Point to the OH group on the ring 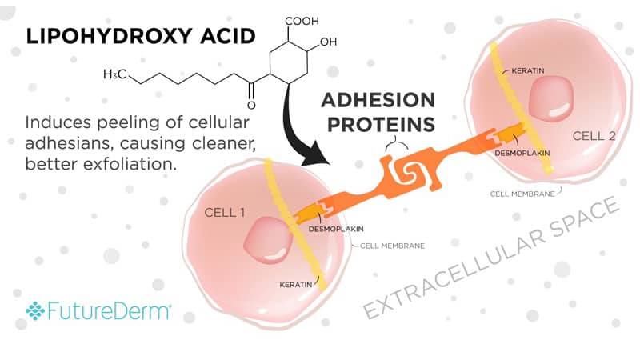[328, 42]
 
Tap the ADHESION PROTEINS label [378, 112]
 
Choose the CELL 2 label [594, 136]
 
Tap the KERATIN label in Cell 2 [526, 70]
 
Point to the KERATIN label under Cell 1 [296, 283]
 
